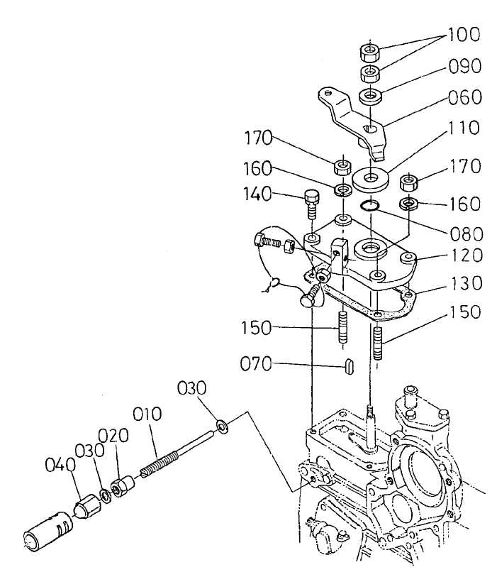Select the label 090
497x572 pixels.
pos(464,66)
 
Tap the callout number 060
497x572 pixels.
pos(464,97)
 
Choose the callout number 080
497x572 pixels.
pos(464,233)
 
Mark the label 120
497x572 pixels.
pos(464,255)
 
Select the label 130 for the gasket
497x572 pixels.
pos(464,284)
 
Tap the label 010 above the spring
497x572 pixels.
pos(146,414)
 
